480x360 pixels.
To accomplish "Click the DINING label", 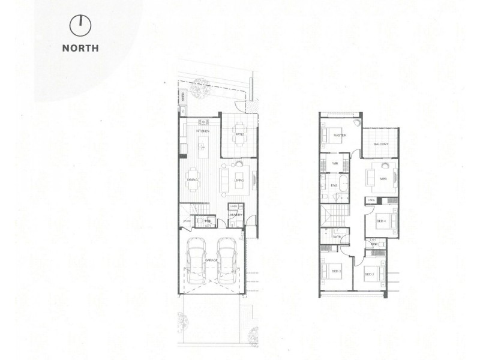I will [193, 179].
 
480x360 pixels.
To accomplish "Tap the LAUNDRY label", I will [235, 215].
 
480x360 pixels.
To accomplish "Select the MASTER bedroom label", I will [340, 136].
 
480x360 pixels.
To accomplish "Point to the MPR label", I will [383, 179].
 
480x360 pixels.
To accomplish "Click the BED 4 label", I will [381, 221].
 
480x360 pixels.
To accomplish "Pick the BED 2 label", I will [370, 274].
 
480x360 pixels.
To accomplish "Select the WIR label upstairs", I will [337, 162].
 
